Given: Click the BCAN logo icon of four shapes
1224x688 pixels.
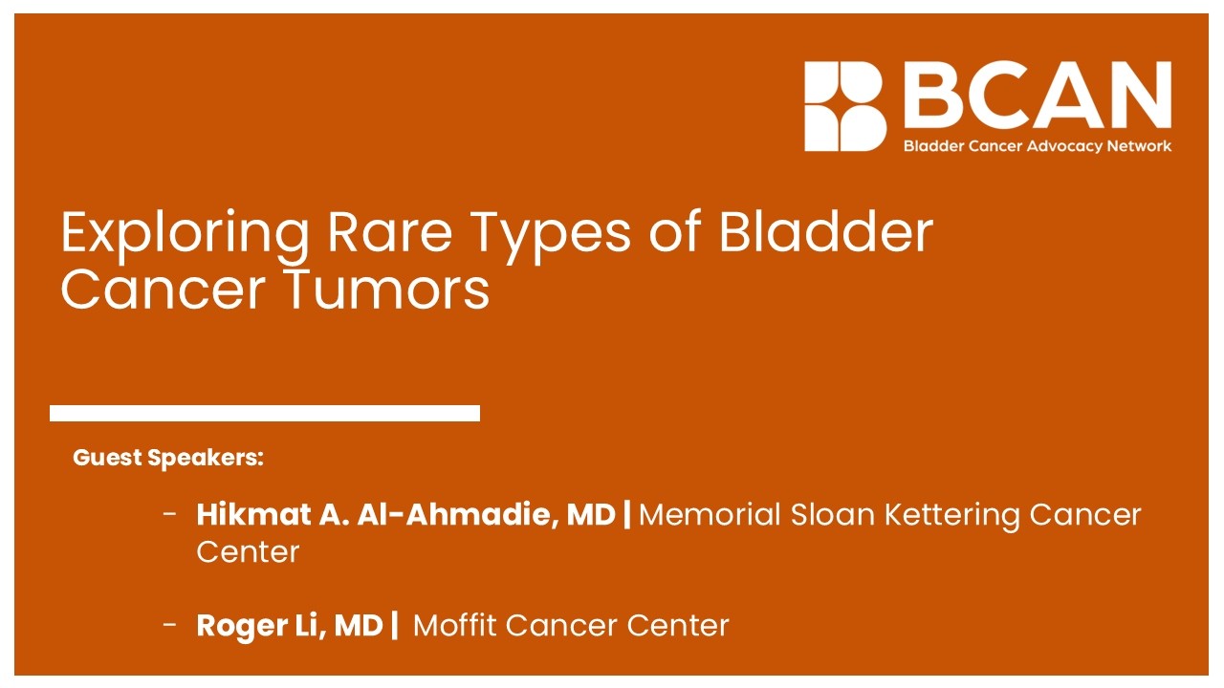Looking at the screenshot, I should (x=845, y=106).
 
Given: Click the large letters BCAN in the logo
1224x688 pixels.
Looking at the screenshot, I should (x=1038, y=97).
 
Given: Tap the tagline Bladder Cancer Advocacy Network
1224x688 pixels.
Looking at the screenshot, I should (x=1038, y=146).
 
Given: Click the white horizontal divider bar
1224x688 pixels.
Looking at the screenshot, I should (x=265, y=413).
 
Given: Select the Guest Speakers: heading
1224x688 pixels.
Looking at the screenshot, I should (x=168, y=458).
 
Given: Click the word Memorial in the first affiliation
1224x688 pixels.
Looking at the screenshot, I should (x=709, y=515).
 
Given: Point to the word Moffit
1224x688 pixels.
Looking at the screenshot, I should (x=453, y=626).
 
